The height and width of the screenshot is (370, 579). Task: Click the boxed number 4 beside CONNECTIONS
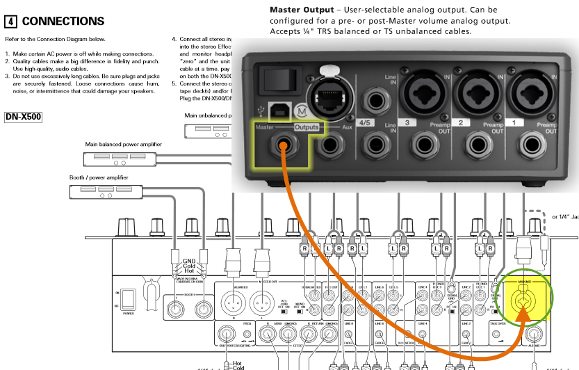[x=10, y=22]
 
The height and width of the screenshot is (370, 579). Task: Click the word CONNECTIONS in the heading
[x=63, y=22]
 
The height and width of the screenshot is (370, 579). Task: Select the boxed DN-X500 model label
[x=23, y=117]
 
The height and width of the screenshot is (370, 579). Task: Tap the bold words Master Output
[x=301, y=10]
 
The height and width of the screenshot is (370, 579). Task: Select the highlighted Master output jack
[x=282, y=145]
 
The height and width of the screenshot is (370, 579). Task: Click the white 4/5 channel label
[x=370, y=123]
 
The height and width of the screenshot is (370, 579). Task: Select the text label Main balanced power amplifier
[x=123, y=145]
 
